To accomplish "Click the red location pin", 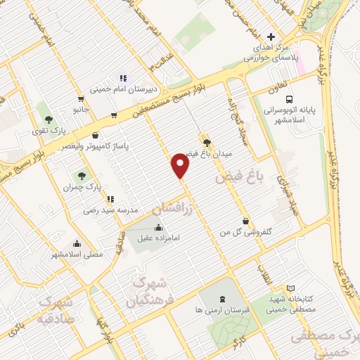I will (x=181, y=165).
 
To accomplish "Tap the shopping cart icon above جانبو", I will (x=82, y=98).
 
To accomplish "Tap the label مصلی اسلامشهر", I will (x=77, y=253).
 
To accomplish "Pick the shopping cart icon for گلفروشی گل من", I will (x=245, y=220).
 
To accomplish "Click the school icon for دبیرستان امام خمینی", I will (x=122, y=79).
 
